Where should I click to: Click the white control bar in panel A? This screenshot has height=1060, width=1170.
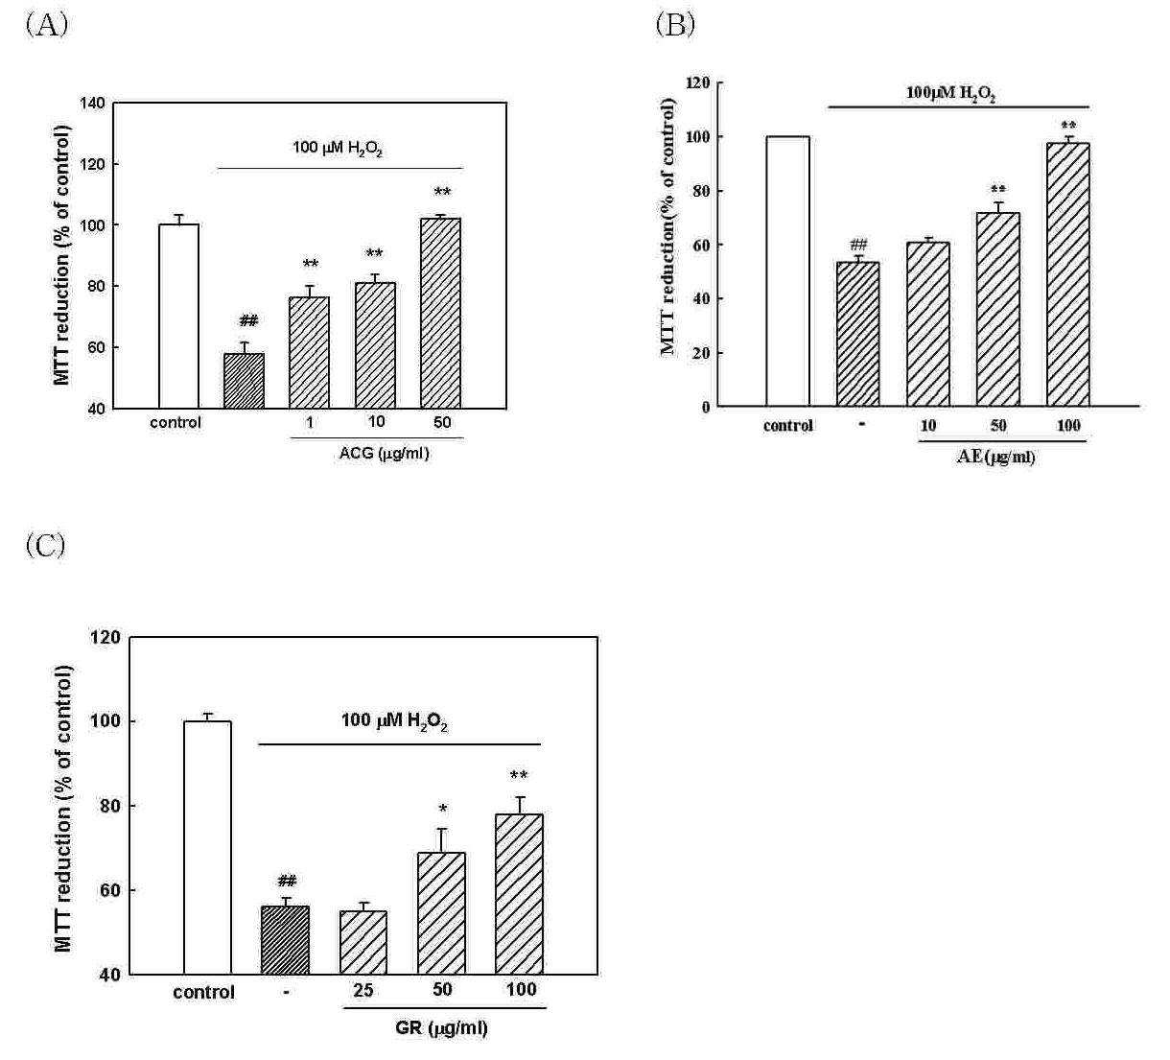click(x=178, y=317)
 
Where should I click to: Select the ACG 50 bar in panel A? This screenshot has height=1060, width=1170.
click(x=440, y=314)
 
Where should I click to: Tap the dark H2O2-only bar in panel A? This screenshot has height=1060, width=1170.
click(x=244, y=381)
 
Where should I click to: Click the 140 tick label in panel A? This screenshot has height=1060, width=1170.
click(x=92, y=104)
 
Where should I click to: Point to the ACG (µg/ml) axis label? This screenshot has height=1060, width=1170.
click(x=385, y=454)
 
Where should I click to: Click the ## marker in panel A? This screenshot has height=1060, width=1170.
click(x=248, y=320)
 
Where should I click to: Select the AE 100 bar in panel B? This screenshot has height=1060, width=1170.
click(x=1068, y=274)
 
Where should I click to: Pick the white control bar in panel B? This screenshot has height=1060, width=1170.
click(x=787, y=271)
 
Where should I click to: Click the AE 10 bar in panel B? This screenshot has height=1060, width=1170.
click(x=928, y=324)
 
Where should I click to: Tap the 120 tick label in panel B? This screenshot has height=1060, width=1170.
click(x=698, y=83)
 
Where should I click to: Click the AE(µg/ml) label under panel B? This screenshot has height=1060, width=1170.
click(x=996, y=457)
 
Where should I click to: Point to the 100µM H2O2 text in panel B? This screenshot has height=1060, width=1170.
click(x=950, y=94)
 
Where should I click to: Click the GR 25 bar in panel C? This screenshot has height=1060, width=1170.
click(x=363, y=943)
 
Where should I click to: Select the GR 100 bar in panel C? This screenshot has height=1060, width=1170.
click(x=519, y=894)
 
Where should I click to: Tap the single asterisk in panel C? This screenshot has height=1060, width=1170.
click(x=443, y=809)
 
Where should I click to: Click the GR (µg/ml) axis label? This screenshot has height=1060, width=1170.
click(x=441, y=1027)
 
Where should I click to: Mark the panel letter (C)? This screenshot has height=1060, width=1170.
click(x=45, y=545)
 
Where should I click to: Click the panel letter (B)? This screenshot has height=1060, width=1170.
click(x=675, y=25)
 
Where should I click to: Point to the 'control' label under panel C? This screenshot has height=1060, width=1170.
click(x=203, y=992)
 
